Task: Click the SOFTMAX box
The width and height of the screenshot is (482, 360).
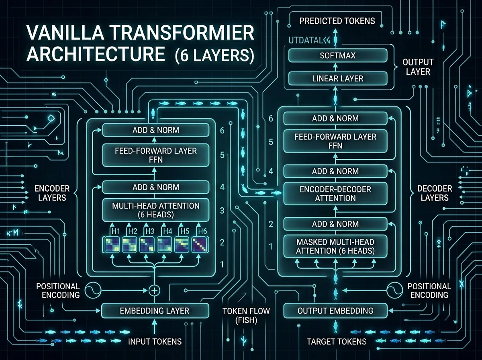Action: coord(337,55)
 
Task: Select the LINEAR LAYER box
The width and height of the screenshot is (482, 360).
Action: coord(337,78)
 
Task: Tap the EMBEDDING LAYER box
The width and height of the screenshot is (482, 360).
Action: coord(155,311)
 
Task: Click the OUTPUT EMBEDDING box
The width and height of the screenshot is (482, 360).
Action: coord(335,311)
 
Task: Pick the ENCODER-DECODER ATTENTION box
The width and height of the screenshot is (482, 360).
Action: coord(335,193)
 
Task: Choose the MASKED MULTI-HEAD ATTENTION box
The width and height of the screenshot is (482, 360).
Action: coord(335,246)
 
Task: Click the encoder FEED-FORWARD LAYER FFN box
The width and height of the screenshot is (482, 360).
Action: coord(155,155)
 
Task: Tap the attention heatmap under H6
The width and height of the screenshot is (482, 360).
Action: coord(199,245)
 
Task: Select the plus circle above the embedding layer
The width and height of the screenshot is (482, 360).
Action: coord(154,290)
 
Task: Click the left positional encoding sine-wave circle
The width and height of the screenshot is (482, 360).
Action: coord(91,290)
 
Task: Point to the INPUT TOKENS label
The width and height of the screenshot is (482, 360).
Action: coord(155,342)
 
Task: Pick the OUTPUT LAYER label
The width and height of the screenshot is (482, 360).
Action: coord(418,67)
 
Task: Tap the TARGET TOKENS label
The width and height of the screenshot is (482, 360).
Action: coord(337,342)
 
